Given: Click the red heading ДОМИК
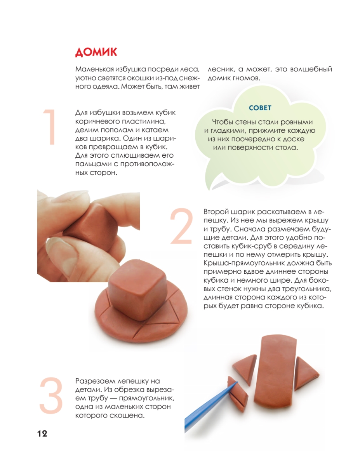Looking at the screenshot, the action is (96, 52).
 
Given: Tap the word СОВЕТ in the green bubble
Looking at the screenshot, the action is (260, 108).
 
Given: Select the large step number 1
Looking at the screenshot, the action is (50, 127).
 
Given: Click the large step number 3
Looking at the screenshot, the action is (51, 396).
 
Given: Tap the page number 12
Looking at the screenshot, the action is (42, 434).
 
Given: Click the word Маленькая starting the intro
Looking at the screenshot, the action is (94, 69).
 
